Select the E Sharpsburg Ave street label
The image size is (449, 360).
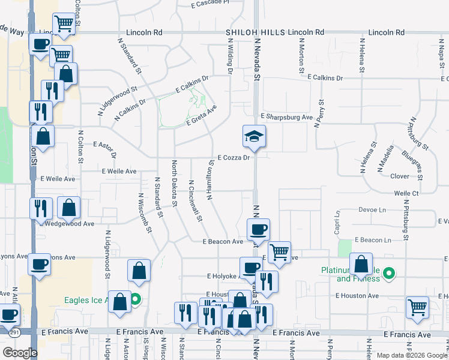287,117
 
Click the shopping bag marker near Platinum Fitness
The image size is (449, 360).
361,264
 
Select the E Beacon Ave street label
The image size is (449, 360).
223,241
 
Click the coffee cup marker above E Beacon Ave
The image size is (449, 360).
259,229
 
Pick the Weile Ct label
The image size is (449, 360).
406,193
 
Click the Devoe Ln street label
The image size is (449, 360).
372,210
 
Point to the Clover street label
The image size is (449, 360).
400,176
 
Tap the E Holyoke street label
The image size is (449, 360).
222,277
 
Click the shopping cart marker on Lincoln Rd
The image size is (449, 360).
63,24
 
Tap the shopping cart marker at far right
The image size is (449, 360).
417,307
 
